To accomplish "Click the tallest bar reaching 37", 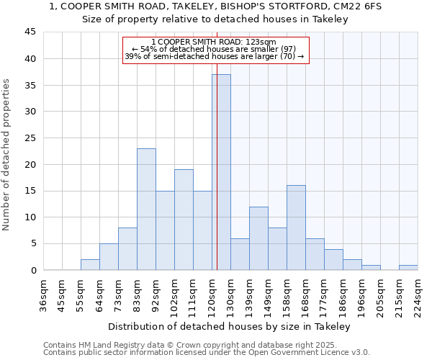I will point(221,172).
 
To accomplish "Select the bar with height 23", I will point(146,209).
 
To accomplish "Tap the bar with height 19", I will point(184,220).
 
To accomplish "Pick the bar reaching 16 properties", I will point(296,228).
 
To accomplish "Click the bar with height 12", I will point(258,238).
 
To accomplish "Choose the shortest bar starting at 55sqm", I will point(90,264).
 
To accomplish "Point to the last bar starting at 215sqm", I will point(408,267).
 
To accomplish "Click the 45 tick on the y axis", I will point(30,32).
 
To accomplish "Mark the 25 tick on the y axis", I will point(30,138).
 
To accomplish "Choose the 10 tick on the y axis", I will point(30,217).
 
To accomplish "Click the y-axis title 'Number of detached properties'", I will point(7,155).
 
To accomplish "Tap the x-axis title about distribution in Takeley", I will point(230,327).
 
